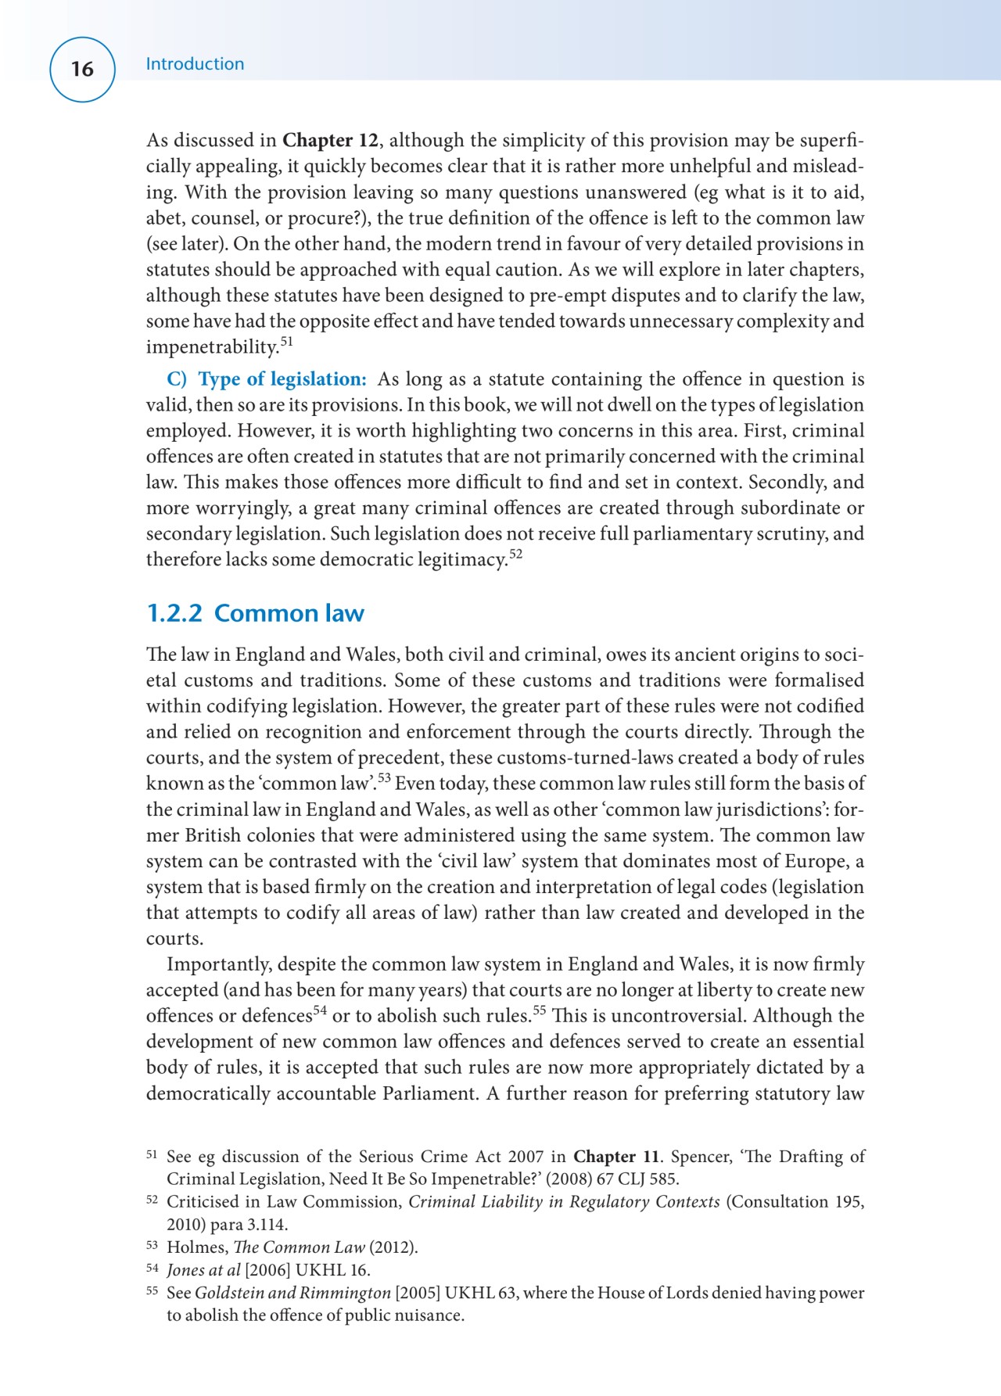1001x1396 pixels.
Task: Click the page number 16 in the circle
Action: [82, 69]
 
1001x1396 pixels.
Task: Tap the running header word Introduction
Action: [195, 64]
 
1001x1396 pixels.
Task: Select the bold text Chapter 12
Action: [329, 141]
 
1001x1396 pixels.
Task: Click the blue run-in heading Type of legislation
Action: [282, 379]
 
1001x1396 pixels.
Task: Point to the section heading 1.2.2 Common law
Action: [255, 613]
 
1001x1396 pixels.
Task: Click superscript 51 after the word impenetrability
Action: [286, 342]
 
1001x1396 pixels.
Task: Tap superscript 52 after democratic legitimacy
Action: [515, 554]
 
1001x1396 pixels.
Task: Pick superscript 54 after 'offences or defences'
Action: [319, 1010]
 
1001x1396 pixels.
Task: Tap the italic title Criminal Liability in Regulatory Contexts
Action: [564, 1202]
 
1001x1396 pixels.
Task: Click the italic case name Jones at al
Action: [203, 1270]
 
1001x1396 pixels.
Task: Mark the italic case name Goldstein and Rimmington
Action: [292, 1293]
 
